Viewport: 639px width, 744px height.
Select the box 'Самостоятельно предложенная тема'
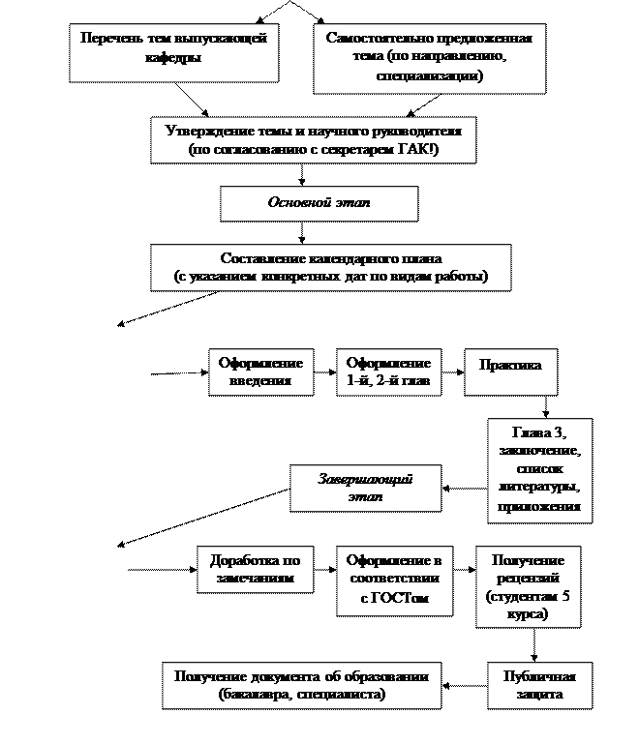tap(429, 57)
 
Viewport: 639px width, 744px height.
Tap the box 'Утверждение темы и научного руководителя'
tap(314, 139)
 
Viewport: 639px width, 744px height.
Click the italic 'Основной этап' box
tap(319, 203)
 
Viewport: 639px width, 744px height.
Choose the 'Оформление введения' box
tap(260, 372)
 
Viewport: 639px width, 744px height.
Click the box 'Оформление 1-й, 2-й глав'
tap(388, 372)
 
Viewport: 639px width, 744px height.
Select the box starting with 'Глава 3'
tap(539, 469)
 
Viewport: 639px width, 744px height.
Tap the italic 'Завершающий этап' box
tap(366, 488)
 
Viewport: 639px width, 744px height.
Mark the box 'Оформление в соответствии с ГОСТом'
tap(394, 580)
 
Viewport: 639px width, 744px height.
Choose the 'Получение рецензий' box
tap(528, 586)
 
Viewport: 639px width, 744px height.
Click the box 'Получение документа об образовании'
tap(301, 685)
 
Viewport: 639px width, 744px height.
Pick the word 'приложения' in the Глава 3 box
tap(539, 506)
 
